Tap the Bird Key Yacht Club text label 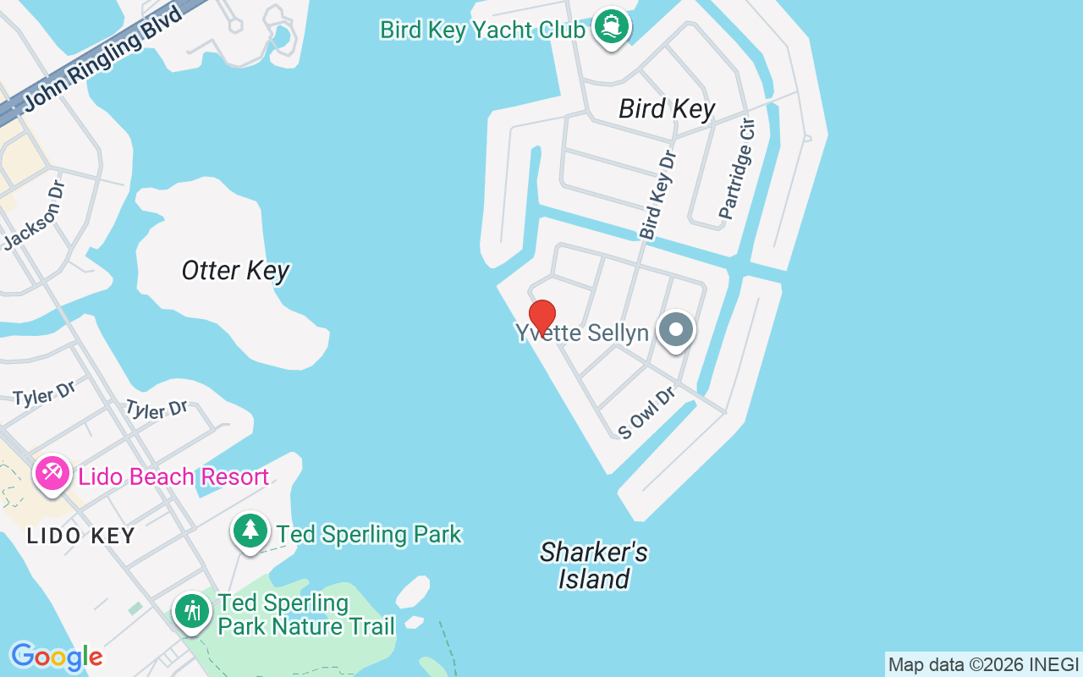tap(482, 30)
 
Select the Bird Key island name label tap(667, 108)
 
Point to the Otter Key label tap(235, 271)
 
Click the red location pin tap(542, 316)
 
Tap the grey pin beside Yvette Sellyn tap(676, 329)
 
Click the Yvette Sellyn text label tap(582, 333)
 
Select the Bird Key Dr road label tap(658, 195)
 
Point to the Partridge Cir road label tap(736, 170)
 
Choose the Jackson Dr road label tap(34, 216)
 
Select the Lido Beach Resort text tap(173, 477)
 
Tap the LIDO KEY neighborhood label tap(80, 536)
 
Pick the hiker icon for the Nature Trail tap(192, 611)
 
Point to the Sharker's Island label tap(594, 565)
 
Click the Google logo tap(57, 657)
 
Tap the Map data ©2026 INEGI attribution tap(983, 665)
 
